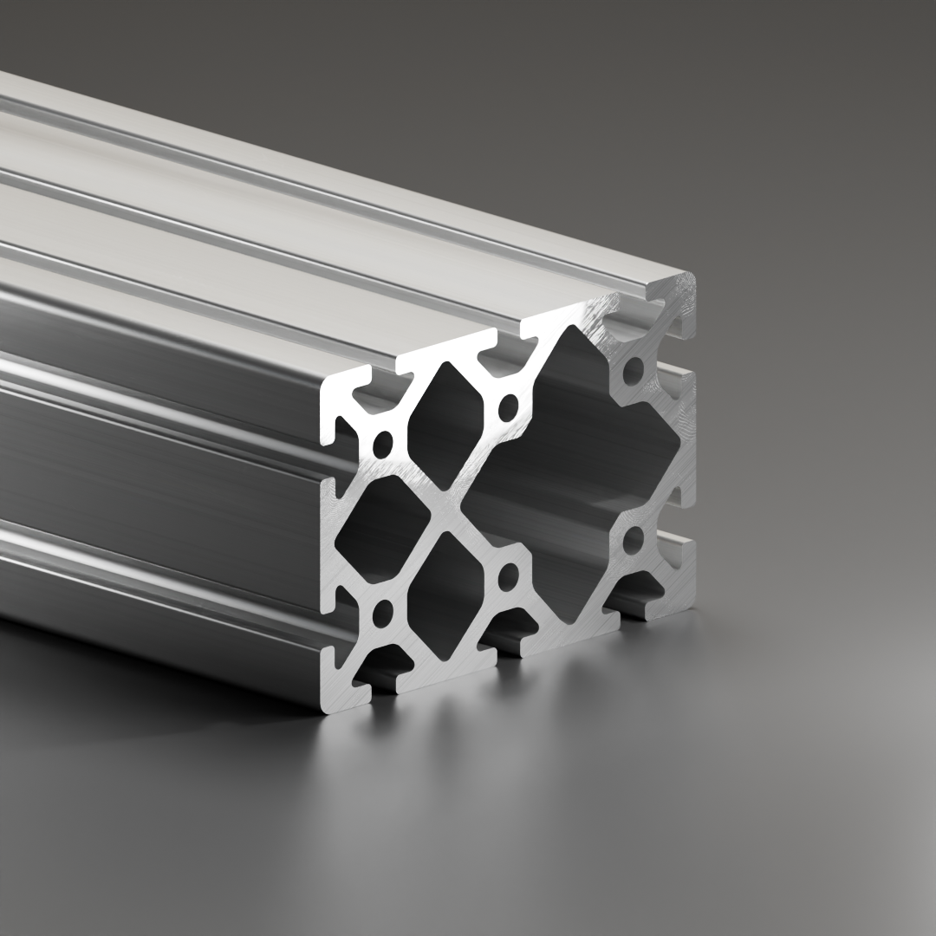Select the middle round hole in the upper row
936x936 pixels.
[509, 405]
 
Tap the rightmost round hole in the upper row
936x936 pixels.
[634, 371]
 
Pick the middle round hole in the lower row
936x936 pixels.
[509, 575]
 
